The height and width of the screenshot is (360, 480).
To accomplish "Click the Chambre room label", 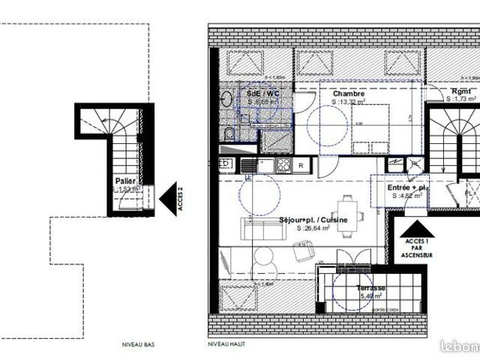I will (349, 93).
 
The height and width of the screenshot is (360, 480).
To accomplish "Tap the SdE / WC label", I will (262, 93).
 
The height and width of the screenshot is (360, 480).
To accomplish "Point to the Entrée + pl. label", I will (407, 187).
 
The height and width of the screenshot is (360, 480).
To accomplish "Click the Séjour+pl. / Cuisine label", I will (313, 220).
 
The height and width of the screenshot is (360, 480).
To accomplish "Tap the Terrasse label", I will (371, 288).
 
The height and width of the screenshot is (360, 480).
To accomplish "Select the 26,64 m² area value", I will (313, 228).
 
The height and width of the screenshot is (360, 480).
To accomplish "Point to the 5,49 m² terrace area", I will (371, 296).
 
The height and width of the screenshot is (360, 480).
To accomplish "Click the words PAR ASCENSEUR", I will (417, 251).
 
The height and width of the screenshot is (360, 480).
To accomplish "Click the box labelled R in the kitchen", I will (301, 165).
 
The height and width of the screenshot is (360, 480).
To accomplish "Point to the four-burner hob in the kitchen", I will (284, 164).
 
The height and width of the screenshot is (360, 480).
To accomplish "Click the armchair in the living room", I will (303, 253).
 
